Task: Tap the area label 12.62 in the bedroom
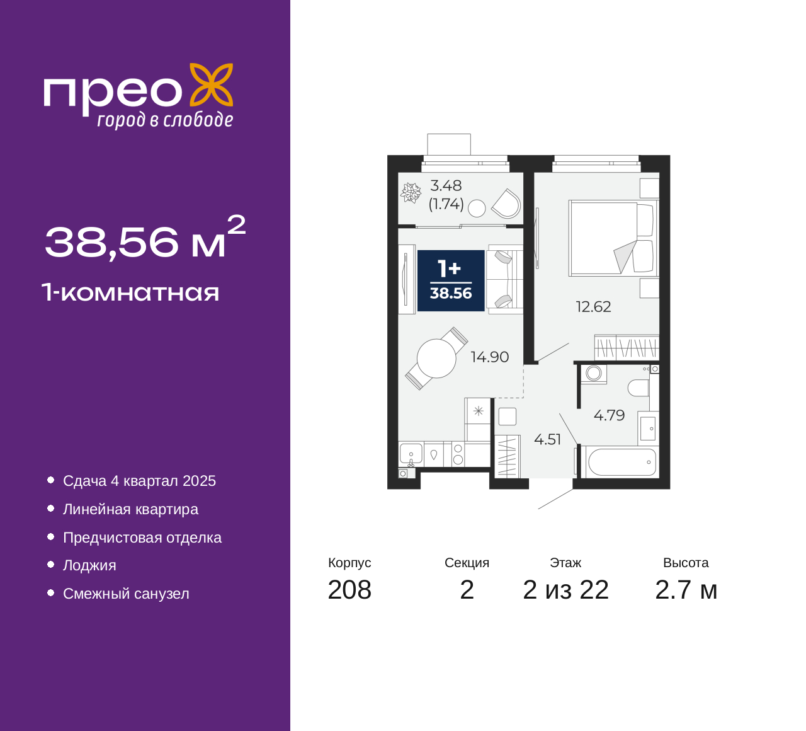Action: (x=593, y=307)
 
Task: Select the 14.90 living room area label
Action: (x=490, y=357)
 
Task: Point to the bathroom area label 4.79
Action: (x=609, y=415)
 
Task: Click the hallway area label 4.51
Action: (x=547, y=439)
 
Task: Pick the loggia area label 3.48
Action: (x=446, y=186)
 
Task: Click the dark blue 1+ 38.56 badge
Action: (x=451, y=280)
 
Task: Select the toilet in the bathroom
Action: (x=638, y=388)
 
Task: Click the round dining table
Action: (x=436, y=359)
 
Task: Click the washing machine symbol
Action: (x=593, y=374)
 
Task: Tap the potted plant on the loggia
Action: (x=411, y=193)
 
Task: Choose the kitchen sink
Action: (x=411, y=454)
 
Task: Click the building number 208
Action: (x=349, y=590)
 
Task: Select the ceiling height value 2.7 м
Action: (x=686, y=590)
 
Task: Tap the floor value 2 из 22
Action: (x=565, y=590)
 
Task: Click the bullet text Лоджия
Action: (x=89, y=566)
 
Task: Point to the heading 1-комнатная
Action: (x=130, y=292)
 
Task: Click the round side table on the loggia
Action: (x=477, y=209)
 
